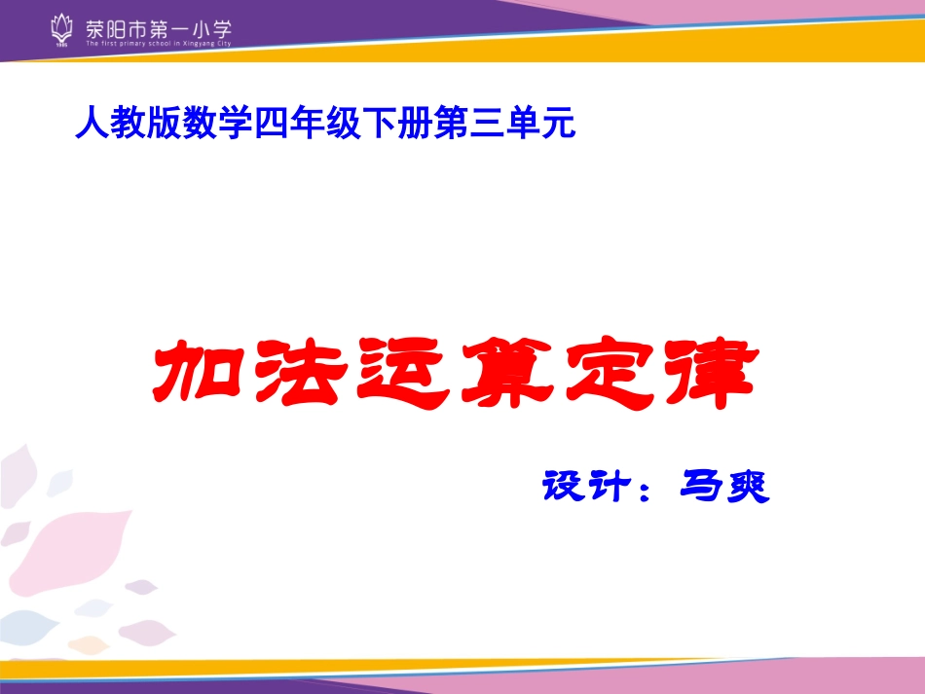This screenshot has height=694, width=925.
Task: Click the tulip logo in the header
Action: tap(61, 30)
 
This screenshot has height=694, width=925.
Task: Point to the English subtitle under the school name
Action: tap(159, 44)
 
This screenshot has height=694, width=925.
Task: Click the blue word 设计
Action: tap(582, 486)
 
